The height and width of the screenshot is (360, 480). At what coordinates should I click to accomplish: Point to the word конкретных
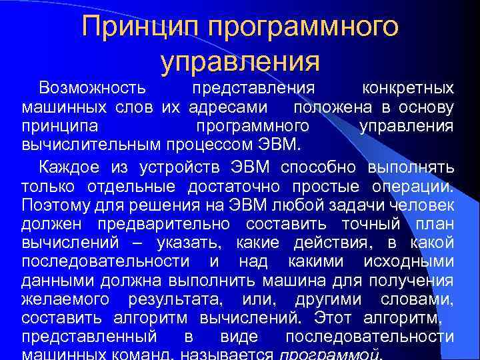click(407, 89)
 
